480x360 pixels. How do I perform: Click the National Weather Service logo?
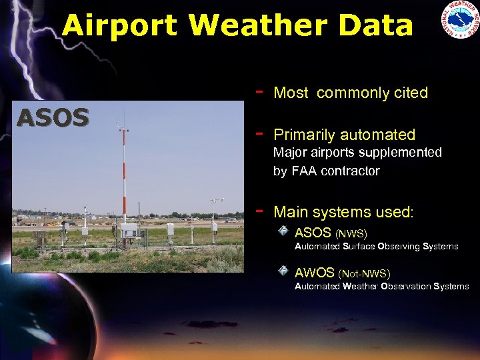pyautogui.click(x=459, y=20)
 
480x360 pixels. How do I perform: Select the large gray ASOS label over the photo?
pyautogui.click(x=53, y=118)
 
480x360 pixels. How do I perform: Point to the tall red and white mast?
pyautogui.click(x=123, y=173)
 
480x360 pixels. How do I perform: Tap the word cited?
pyautogui.click(x=409, y=93)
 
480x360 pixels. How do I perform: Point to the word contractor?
pyautogui.click(x=355, y=171)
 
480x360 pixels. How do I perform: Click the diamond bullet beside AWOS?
pyautogui.click(x=283, y=271)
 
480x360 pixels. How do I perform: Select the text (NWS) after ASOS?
pyautogui.click(x=351, y=233)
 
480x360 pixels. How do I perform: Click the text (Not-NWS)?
pyautogui.click(x=365, y=273)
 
